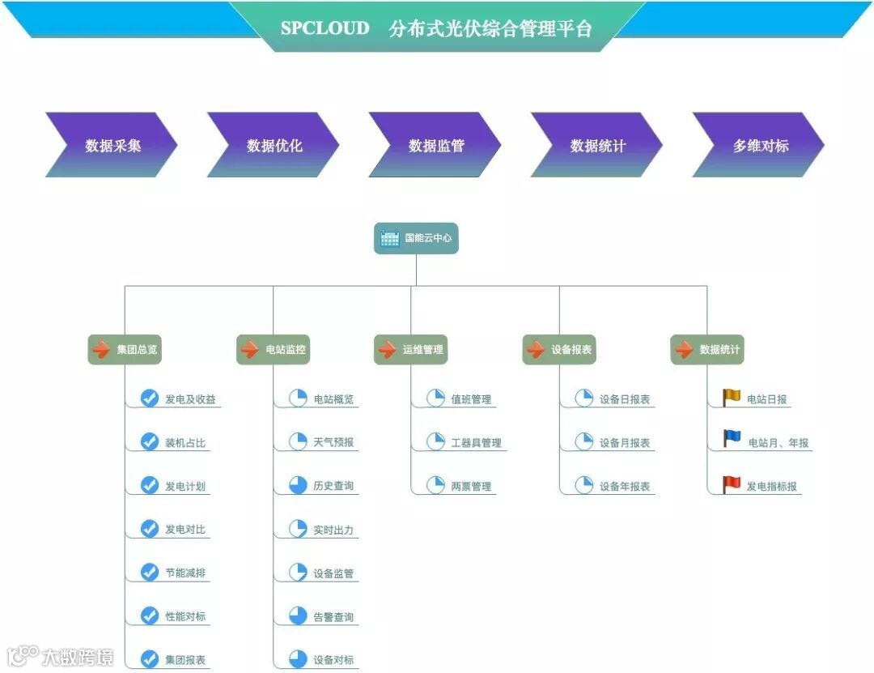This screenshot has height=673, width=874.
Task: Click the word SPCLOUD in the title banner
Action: click(x=325, y=28)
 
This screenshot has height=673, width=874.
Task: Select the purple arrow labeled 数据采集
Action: click(x=112, y=146)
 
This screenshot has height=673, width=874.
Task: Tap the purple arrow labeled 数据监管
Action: click(x=435, y=146)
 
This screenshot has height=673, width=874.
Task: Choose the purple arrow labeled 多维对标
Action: click(x=759, y=146)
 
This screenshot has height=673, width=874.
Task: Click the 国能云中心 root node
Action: click(x=416, y=238)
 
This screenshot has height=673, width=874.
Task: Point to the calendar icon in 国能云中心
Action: click(x=390, y=238)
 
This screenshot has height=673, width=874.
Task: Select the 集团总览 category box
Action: click(x=124, y=350)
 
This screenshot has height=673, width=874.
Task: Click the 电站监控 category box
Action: click(x=273, y=350)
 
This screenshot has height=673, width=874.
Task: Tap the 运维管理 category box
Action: click(x=410, y=350)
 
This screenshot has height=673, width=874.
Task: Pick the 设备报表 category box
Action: click(x=558, y=350)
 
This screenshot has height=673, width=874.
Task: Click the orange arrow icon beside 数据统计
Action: click(x=685, y=350)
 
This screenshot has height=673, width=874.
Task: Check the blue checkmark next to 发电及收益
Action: click(x=150, y=398)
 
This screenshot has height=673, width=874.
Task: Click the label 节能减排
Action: click(x=185, y=573)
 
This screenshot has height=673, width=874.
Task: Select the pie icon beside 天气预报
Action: click(x=298, y=442)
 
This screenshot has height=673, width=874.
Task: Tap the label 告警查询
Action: click(x=333, y=617)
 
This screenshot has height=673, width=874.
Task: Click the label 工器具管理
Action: click(x=476, y=443)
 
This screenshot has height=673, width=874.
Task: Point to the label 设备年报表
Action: click(x=625, y=487)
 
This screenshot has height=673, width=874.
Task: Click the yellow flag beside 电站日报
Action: click(x=732, y=398)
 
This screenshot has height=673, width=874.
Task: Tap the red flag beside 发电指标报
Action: click(x=732, y=484)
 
